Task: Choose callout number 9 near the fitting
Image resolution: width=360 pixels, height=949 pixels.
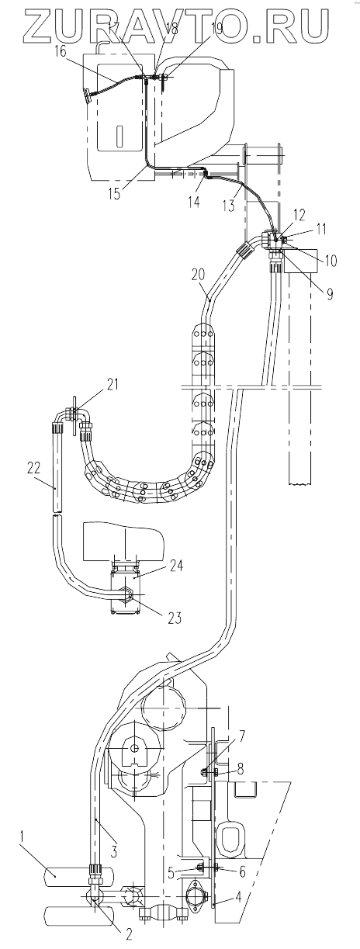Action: pyautogui.click(x=328, y=293)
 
